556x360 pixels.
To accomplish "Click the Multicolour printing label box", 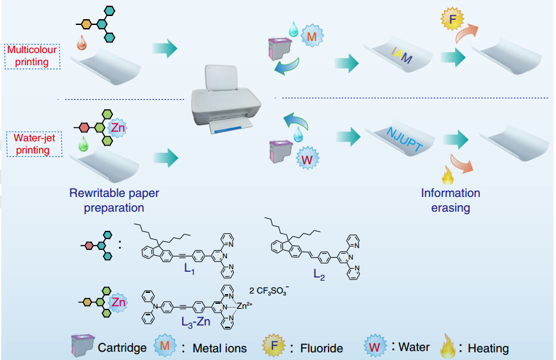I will [x=32, y=56].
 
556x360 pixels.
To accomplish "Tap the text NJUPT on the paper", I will [x=405, y=139].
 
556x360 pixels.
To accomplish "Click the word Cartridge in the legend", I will [x=122, y=348].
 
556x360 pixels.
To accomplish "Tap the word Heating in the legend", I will [x=488, y=348].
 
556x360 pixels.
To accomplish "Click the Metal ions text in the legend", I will [x=219, y=348].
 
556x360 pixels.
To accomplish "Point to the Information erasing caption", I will [x=450, y=199].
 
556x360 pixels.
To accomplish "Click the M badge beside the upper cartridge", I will [x=312, y=37].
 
